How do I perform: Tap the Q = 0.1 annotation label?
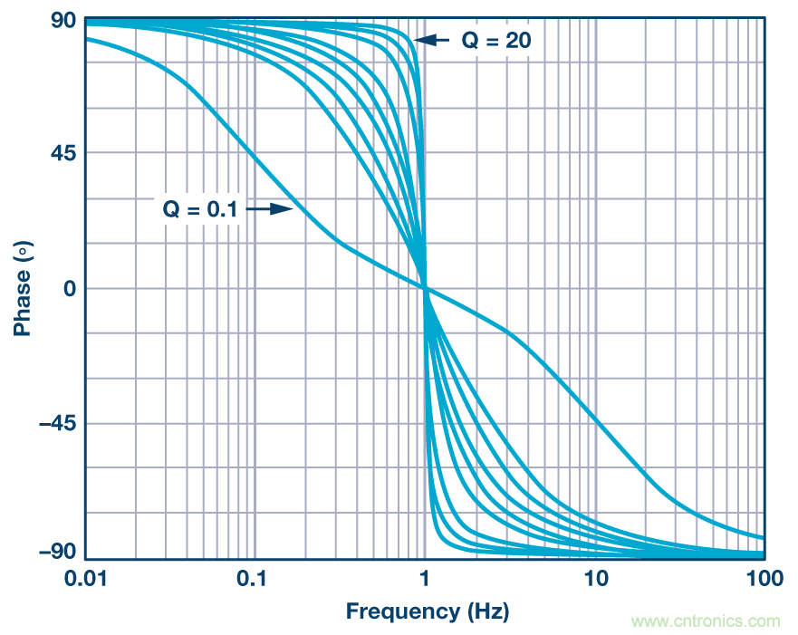click(x=200, y=209)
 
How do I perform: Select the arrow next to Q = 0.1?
click(x=269, y=209)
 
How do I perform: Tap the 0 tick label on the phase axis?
click(x=68, y=289)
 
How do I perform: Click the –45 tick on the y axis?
click(x=55, y=424)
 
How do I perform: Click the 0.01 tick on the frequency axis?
click(x=86, y=577)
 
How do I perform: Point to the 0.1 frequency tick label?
click(x=255, y=577)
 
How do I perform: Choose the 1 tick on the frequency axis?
click(x=425, y=577)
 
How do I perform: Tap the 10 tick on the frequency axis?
click(x=595, y=577)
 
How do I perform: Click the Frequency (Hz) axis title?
click(x=427, y=611)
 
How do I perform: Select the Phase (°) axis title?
click(x=22, y=288)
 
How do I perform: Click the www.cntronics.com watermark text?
click(x=706, y=621)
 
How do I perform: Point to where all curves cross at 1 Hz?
click(x=425, y=288)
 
